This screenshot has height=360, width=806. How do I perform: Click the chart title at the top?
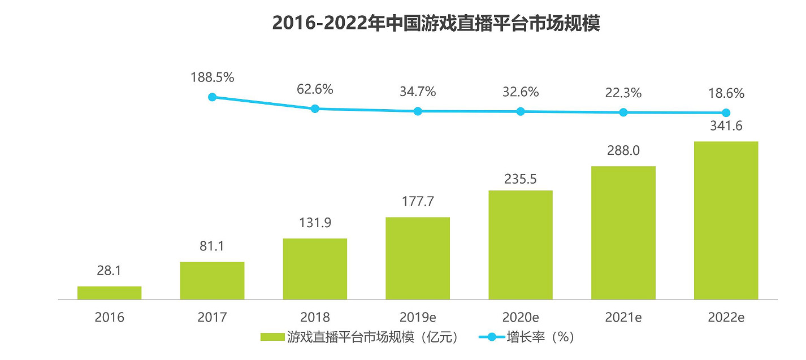click(x=435, y=24)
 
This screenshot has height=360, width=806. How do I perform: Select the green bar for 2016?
click(x=109, y=292)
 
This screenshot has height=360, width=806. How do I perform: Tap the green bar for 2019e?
click(x=418, y=258)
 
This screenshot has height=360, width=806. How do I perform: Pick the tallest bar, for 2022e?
click(x=726, y=220)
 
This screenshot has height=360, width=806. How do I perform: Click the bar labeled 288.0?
click(x=623, y=232)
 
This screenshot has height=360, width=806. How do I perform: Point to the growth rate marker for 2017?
click(x=213, y=97)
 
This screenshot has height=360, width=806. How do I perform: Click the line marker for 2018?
click(x=315, y=109)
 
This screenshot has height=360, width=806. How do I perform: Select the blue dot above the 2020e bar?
click(x=521, y=111)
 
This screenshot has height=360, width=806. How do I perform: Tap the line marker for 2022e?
click(x=726, y=112)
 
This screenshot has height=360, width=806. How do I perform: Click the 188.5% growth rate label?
click(x=213, y=77)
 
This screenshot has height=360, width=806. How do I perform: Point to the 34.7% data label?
click(x=418, y=92)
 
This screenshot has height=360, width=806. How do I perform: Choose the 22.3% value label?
click(x=623, y=93)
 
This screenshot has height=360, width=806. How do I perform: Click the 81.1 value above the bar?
click(x=212, y=246)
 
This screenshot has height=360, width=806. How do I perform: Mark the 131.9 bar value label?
click(x=315, y=223)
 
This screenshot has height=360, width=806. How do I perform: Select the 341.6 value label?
click(x=726, y=126)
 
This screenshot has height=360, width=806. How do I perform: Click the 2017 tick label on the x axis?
click(x=212, y=318)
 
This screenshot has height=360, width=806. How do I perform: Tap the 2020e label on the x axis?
click(x=521, y=318)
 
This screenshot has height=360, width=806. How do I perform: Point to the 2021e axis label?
click(x=623, y=318)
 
